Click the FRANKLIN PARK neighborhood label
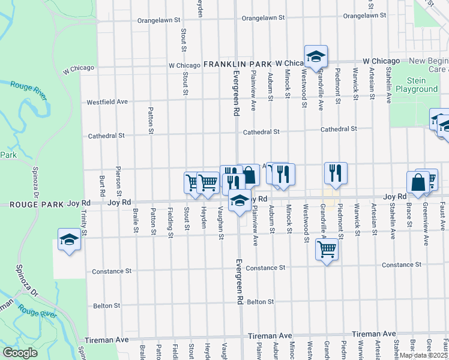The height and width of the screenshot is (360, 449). (x=237, y=64)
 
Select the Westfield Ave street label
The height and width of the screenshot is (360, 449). (x=107, y=102)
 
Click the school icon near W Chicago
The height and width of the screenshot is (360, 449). (x=316, y=57)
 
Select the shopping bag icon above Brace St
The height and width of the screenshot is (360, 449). (x=418, y=182)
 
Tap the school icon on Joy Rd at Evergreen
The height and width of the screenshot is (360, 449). (x=240, y=200)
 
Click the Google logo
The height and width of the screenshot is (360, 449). (x=19, y=353)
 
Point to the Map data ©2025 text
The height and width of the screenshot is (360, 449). (x=423, y=355)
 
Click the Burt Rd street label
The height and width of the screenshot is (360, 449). (x=103, y=187)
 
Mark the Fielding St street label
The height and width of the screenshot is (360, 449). (x=170, y=222)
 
